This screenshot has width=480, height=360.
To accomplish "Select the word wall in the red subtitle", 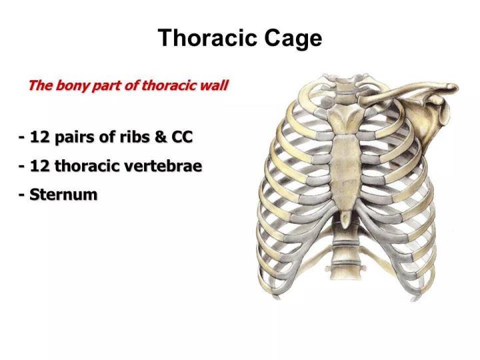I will pos(215,86).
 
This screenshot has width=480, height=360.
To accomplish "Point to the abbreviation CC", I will pos(181,138).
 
